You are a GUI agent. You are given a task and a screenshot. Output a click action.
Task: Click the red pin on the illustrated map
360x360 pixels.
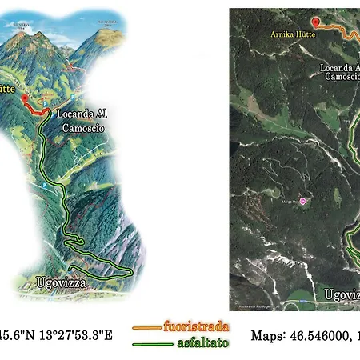coord(24,98)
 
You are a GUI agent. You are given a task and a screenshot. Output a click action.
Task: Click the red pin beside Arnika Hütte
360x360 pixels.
coord(315,22)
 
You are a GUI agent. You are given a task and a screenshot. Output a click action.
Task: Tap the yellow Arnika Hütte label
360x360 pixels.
coord(295,35)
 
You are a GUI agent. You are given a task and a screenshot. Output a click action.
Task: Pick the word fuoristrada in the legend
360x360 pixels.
coord(196,326)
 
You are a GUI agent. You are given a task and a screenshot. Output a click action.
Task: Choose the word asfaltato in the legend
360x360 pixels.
coord(200,342)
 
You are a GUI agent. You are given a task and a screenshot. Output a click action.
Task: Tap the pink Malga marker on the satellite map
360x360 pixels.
coord(302,201)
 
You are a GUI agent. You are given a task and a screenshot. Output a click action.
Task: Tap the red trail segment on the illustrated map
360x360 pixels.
coord(35,111)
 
